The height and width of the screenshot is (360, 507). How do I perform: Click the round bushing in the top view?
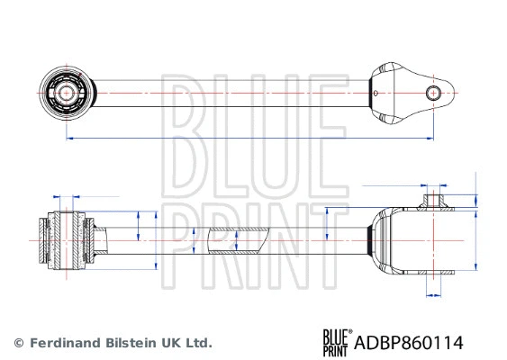click(x=67, y=92)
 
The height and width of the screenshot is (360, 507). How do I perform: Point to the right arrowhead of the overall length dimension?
click(x=430, y=138)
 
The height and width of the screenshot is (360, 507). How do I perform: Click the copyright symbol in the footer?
click(x=18, y=343)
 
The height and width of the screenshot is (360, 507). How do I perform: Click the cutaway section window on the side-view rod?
click(x=238, y=239)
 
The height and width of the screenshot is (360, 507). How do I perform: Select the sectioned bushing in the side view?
click(x=67, y=240)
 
